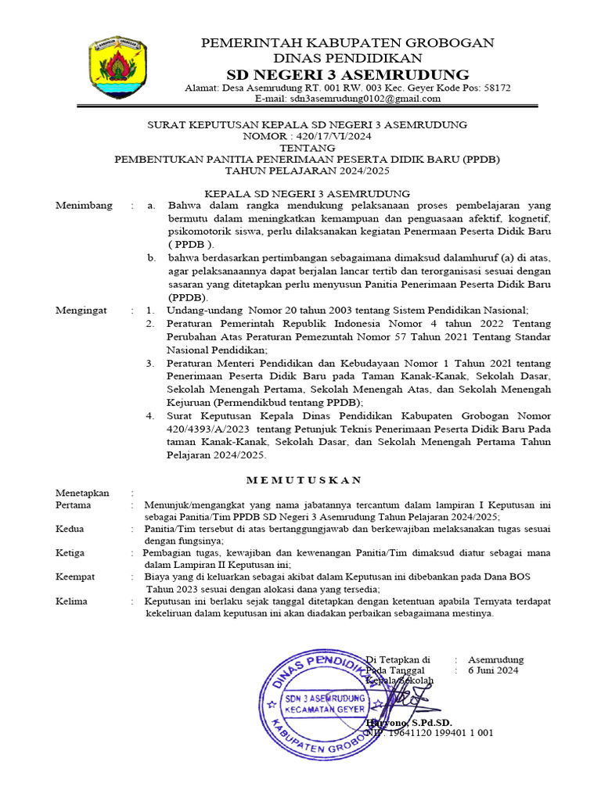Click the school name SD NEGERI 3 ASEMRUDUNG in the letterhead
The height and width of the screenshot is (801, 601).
pos(347,74)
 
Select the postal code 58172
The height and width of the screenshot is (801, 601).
pos(497,88)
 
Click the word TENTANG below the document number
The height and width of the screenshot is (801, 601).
pos(308,148)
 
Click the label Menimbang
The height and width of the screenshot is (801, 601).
pos(84,206)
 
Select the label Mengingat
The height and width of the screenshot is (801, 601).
pos(81,311)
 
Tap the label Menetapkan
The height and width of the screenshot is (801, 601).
pos(82,494)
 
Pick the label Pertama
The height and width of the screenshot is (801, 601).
pos(73,505)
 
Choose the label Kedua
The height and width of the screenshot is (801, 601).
pos(70,530)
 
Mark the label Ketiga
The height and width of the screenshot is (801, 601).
pos(70,553)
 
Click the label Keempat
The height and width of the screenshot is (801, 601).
pos(76,577)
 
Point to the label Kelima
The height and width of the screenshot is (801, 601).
pos(71,602)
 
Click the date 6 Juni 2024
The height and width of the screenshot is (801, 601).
pos(493,670)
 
